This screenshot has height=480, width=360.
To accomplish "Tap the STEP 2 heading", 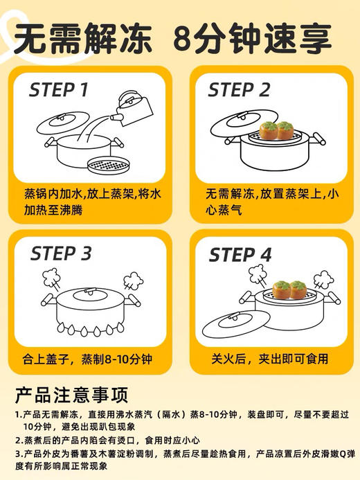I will (x=240, y=90).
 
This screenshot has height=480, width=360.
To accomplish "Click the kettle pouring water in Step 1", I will (x=133, y=107).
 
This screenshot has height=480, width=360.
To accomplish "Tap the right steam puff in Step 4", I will (x=324, y=281).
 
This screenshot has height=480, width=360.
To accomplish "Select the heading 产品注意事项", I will (x=71, y=395).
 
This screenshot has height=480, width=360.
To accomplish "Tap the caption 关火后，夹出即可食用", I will (x=270, y=359).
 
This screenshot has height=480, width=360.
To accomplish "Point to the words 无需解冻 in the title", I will (x=80, y=39).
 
